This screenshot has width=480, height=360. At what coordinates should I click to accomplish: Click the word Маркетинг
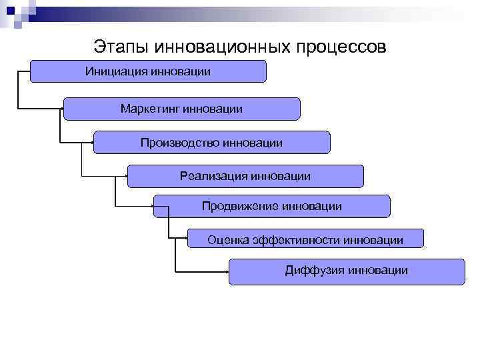151,108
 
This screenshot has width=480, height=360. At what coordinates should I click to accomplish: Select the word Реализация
213,176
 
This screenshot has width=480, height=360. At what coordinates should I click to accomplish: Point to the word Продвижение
239,206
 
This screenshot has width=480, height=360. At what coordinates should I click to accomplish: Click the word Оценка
228,239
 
